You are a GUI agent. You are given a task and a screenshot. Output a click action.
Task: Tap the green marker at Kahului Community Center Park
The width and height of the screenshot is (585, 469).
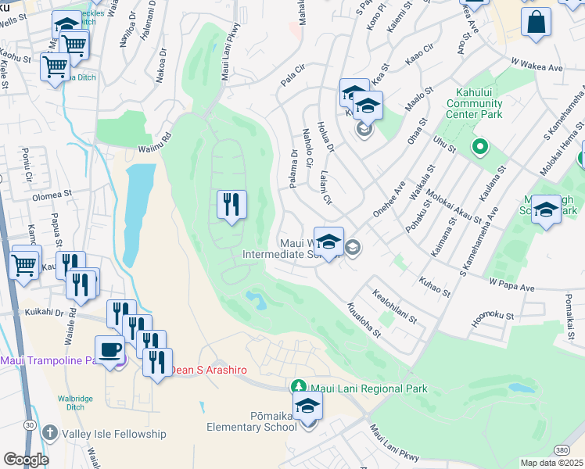click(x=479, y=146)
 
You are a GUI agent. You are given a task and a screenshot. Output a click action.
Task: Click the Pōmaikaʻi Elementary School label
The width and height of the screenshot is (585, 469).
click(x=249, y=421)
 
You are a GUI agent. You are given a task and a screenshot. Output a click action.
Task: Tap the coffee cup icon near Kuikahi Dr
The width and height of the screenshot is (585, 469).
click(x=109, y=349)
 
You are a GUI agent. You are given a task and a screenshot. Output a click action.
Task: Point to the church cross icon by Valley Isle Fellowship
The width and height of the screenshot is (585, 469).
click(x=50, y=433)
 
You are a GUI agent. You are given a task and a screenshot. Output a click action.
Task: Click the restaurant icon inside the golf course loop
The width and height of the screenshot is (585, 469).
click(x=231, y=205)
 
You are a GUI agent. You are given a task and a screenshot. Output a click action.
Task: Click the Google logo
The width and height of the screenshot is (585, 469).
click(x=25, y=459)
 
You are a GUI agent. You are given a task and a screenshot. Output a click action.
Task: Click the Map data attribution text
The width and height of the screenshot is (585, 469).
click(x=552, y=463)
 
